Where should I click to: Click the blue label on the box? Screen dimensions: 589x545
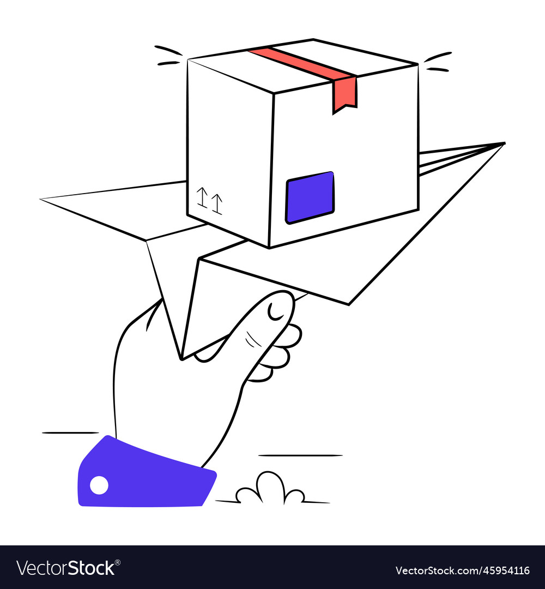coord(310,197)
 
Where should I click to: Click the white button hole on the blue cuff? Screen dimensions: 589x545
coord(99,485)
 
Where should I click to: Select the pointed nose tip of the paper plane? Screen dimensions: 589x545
coord(503,143)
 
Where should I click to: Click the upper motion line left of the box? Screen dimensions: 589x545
coord(168,51)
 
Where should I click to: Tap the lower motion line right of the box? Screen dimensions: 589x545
coord(438,69)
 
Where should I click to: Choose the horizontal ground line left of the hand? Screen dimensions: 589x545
coord(70,433)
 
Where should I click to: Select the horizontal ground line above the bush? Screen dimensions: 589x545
coord(300,455)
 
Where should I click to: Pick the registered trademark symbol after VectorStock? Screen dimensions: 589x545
coord(118,562)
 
